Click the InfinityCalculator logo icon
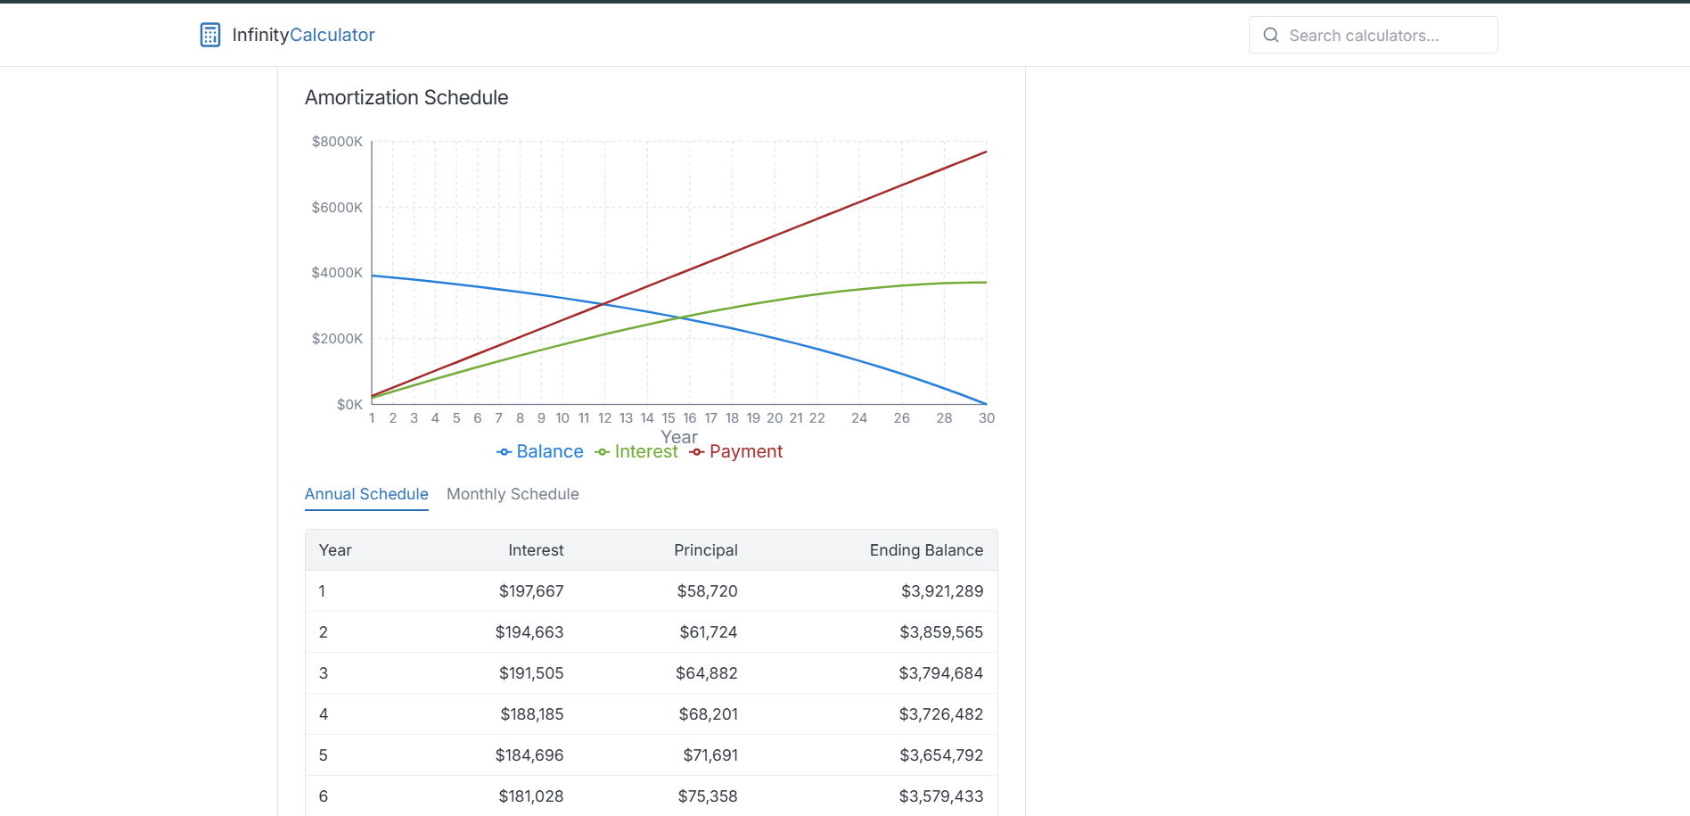[x=210, y=35]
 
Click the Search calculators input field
[x=1373, y=36]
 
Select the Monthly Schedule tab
[x=513, y=494]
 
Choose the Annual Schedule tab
[x=366, y=494]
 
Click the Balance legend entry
[x=540, y=452]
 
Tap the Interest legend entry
[x=636, y=452]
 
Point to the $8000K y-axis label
[x=337, y=142]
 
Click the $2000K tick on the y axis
[x=337, y=339]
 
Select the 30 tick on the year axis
[x=986, y=418]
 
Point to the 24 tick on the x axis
[x=859, y=418]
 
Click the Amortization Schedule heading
[x=406, y=98]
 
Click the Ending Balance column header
[x=926, y=550]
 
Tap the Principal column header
[x=705, y=550]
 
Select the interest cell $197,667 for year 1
[x=531, y=591]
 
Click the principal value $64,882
[x=706, y=673]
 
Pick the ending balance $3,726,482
[x=940, y=714]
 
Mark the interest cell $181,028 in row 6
[x=531, y=796]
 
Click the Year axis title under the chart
[x=679, y=437]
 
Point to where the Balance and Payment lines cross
[x=604, y=304]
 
